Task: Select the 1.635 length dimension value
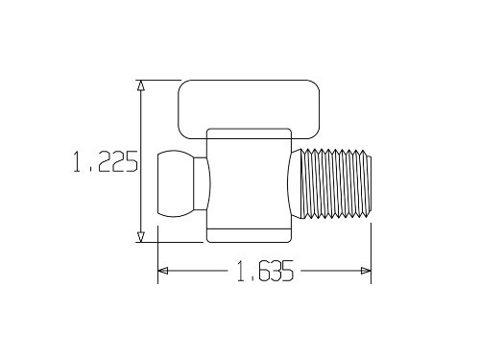263,272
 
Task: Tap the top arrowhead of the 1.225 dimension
141,85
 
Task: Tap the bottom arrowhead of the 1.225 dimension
141,236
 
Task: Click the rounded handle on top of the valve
248,108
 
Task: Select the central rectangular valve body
248,178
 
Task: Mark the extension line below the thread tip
372,250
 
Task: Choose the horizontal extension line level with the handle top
158,80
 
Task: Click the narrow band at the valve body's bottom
248,235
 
